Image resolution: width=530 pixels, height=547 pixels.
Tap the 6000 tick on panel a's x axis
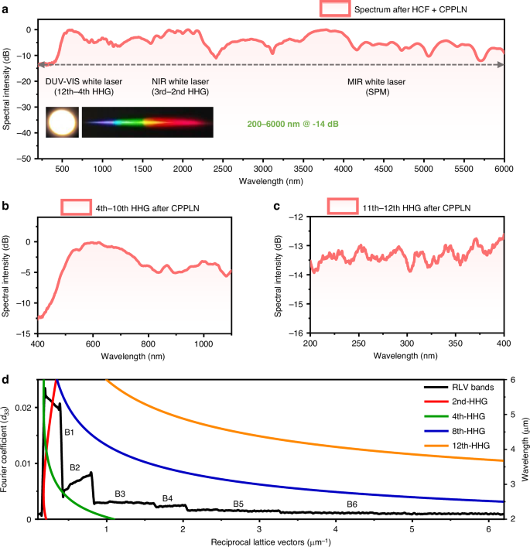504,169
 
